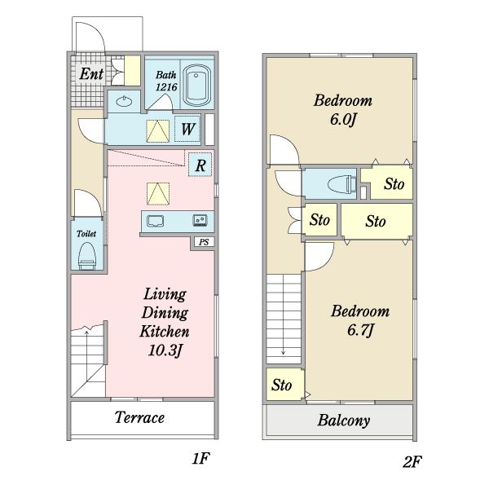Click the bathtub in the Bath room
coord(196,86)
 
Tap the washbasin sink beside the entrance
coord(124,101)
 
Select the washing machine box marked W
coord(187,129)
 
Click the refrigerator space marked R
coord(200,165)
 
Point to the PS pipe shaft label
coord(204,242)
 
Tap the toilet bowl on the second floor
coord(341,184)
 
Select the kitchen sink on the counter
coord(156,221)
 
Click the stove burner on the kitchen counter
coord(200,221)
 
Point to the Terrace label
coord(139,417)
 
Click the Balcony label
coord(344,421)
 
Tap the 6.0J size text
coord(343,120)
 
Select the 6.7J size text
coord(360,330)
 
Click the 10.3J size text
coord(165,350)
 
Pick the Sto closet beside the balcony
coord(285,385)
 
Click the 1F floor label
coord(200,458)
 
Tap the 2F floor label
coord(412,461)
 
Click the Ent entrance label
coord(91,74)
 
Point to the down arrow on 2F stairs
coord(283,315)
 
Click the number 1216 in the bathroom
coord(166,87)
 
